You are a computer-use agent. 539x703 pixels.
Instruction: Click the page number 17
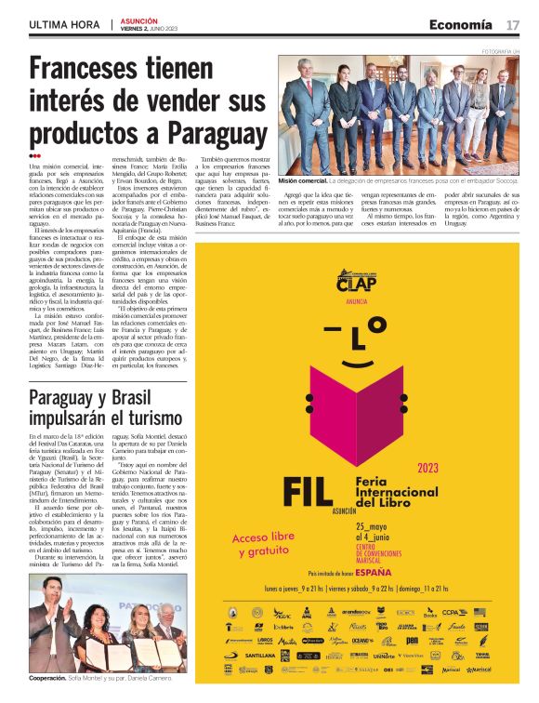(512, 24)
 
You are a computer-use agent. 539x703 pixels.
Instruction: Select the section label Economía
(462, 24)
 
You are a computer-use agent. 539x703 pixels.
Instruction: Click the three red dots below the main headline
(34, 155)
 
